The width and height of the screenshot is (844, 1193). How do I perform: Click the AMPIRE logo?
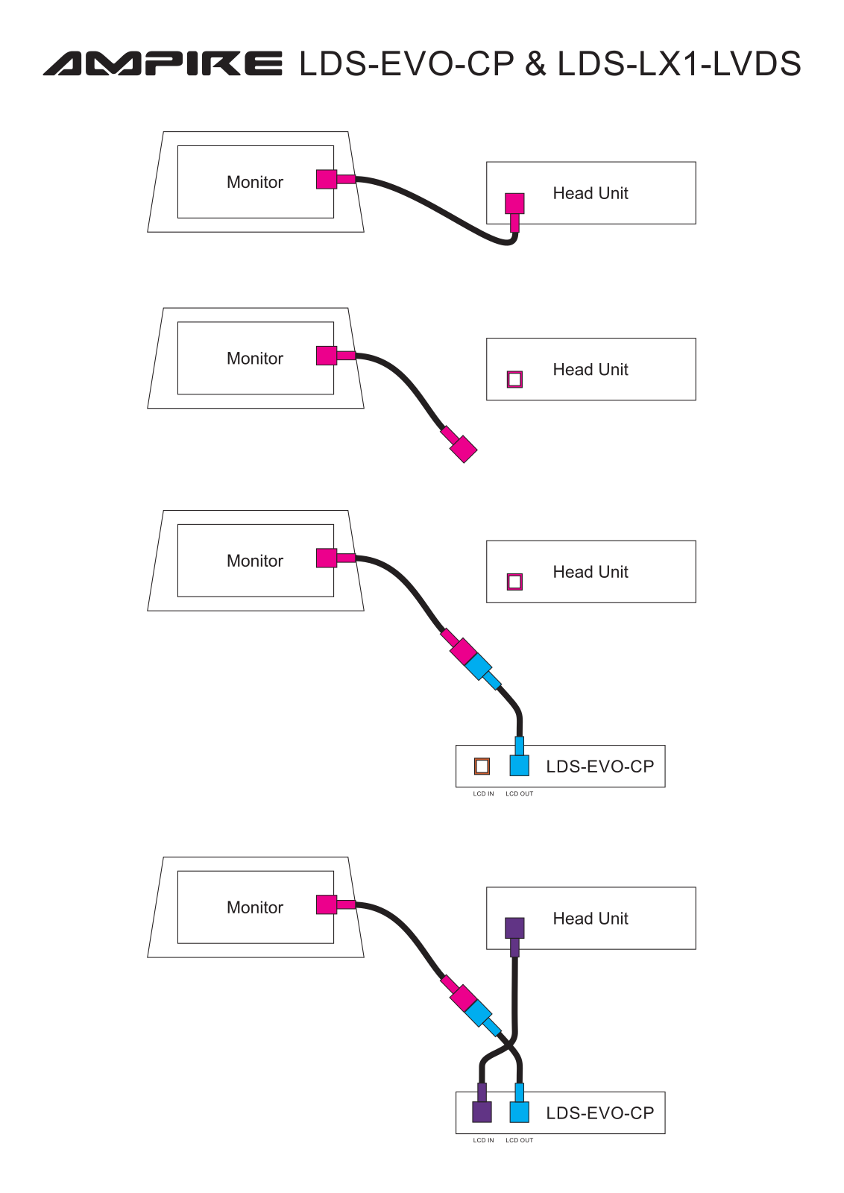(163, 63)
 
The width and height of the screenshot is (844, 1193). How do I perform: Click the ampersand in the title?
(535, 63)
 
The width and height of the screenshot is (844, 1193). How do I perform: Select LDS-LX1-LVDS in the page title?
(679, 63)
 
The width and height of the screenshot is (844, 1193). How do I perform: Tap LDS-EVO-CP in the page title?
(407, 63)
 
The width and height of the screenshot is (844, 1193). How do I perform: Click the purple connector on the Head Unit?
(514, 937)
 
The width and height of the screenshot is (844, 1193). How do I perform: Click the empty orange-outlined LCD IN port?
(482, 766)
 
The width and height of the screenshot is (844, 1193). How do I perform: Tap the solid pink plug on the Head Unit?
(514, 213)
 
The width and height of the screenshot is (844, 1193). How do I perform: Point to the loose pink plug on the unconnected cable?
(459, 444)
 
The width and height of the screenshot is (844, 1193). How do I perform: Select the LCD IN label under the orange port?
(483, 793)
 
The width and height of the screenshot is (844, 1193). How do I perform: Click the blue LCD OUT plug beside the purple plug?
(519, 1104)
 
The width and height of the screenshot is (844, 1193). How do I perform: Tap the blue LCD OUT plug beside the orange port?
(519, 756)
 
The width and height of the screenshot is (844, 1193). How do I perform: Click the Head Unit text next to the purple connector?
(591, 918)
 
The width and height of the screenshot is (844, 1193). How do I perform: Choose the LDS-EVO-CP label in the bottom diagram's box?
(600, 1113)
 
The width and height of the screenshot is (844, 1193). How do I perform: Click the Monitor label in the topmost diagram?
(255, 182)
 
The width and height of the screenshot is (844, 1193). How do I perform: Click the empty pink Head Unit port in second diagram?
(514, 380)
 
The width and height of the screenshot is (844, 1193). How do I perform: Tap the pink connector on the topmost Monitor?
(336, 180)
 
